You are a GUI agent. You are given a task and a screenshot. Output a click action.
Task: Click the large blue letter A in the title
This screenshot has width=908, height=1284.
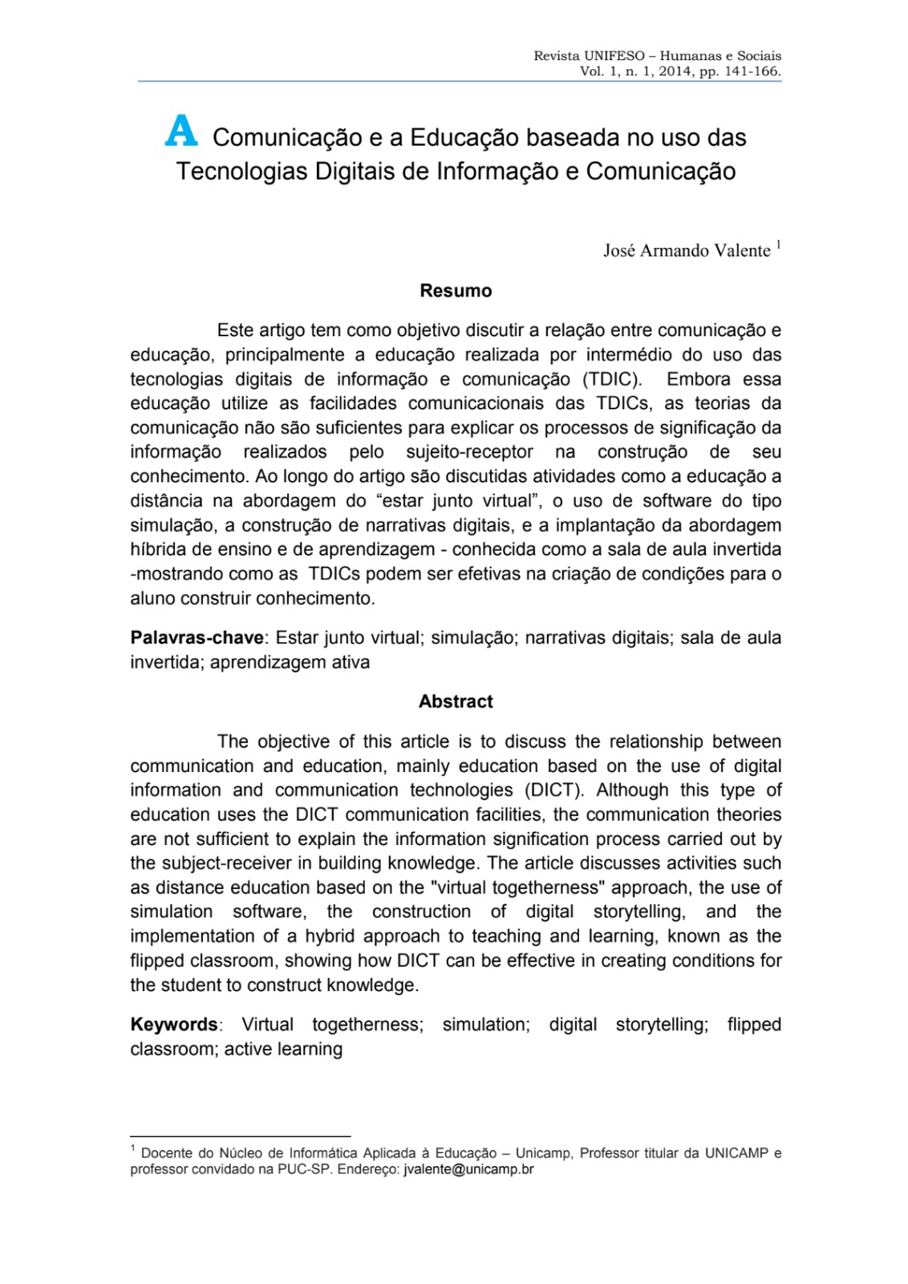[x=180, y=132]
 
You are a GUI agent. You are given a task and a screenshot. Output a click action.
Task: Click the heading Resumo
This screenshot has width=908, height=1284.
[x=456, y=291]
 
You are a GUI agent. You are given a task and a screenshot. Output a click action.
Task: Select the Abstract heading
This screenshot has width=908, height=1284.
[x=456, y=701]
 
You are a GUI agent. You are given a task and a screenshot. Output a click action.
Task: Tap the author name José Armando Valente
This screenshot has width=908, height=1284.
[x=687, y=251]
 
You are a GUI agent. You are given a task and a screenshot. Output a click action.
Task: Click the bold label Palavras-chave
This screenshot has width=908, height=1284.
[x=197, y=638]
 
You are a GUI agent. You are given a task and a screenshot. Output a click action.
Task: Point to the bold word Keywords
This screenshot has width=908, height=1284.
[x=174, y=1025]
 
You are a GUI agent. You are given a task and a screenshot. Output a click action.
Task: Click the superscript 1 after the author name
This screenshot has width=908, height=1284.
[x=778, y=245]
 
